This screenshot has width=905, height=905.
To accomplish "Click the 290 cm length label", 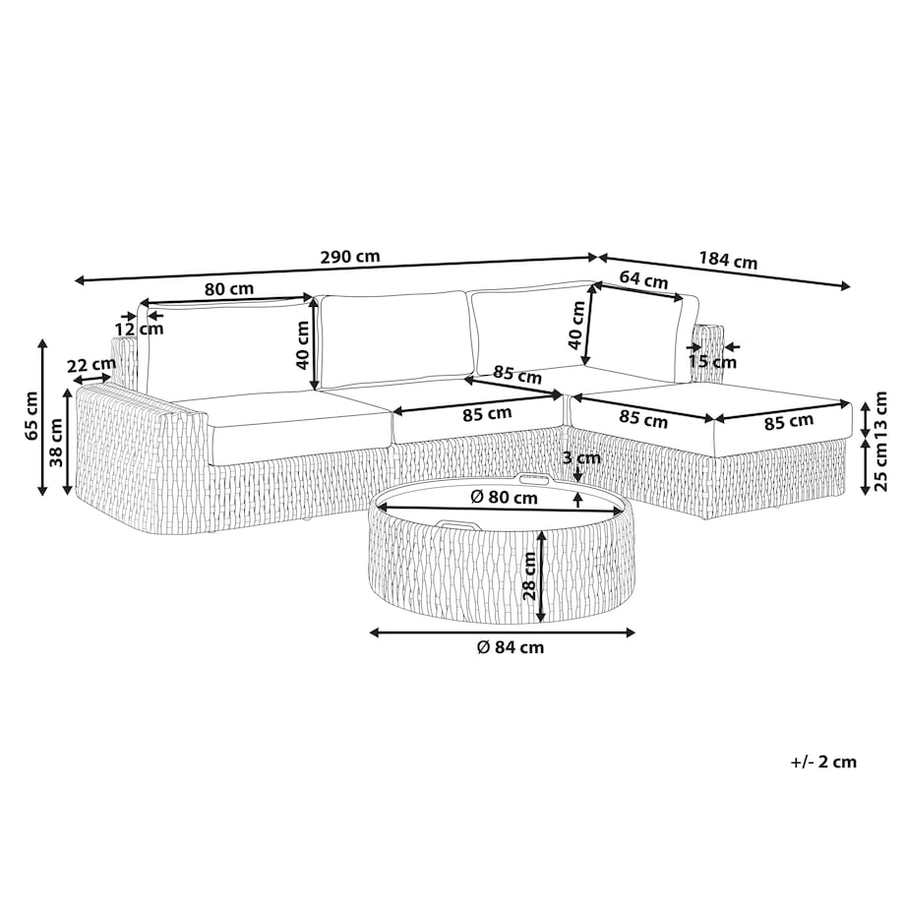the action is point(350,257).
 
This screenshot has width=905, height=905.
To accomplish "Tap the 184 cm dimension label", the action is point(728,261).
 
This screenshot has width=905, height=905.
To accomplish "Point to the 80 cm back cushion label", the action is point(229,288).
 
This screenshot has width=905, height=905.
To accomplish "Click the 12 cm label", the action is point(139,330).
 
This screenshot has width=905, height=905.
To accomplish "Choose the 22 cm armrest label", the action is point(91,366).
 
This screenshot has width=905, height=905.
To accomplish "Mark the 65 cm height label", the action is point(31,415).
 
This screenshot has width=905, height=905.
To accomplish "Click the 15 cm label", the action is point(712,362).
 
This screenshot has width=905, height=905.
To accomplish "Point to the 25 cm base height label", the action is point(880,467).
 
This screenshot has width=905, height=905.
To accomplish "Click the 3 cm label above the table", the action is point(581,458).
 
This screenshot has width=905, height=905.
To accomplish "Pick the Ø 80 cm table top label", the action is point(504,497).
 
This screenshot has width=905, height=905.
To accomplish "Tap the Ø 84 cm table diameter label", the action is point(511,647).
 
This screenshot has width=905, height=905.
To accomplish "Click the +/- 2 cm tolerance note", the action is point(823,761).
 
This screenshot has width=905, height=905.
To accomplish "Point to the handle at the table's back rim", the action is point(534,478).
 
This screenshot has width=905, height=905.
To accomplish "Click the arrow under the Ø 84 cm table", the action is point(502,633).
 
